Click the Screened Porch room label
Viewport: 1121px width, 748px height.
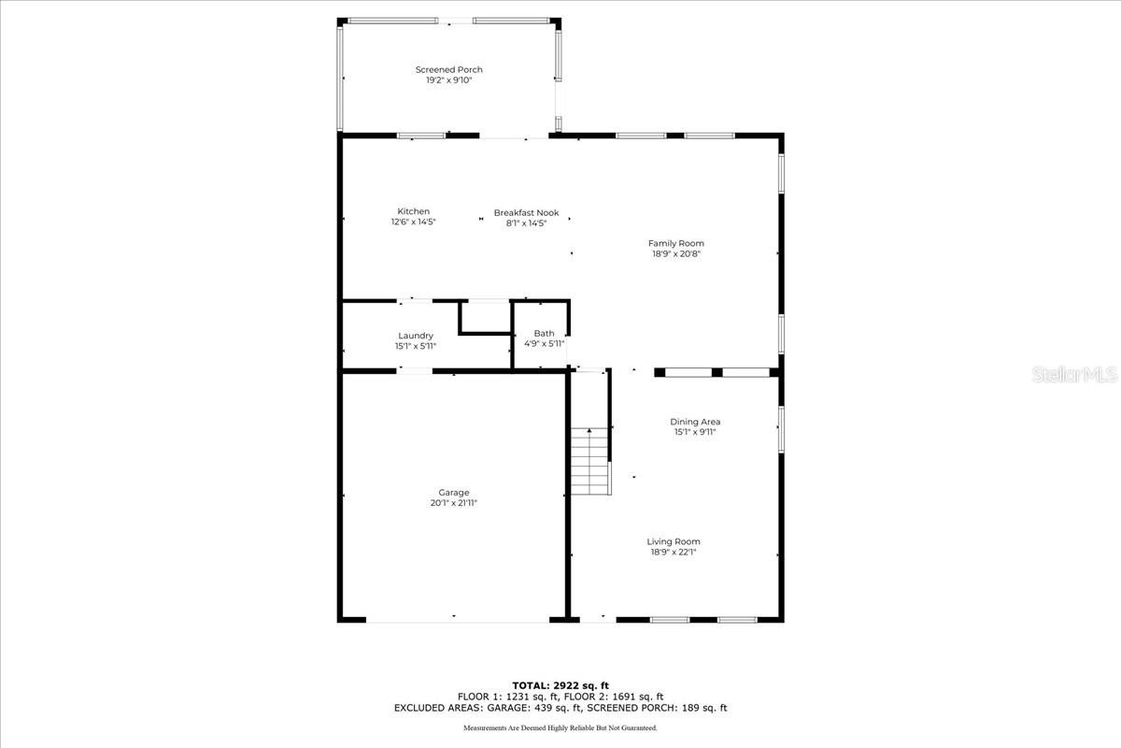pyautogui.click(x=448, y=70)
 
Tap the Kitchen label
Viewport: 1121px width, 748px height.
pyautogui.click(x=413, y=211)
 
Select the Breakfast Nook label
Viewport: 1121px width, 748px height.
pyautogui.click(x=526, y=212)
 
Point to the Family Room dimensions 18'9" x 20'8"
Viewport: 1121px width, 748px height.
pyautogui.click(x=676, y=253)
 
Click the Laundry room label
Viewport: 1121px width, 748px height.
pyautogui.click(x=415, y=336)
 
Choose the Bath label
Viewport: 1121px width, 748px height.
pyautogui.click(x=544, y=333)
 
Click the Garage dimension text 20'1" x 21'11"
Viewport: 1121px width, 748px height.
pyautogui.click(x=454, y=503)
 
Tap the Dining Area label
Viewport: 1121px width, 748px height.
pyautogui.click(x=695, y=422)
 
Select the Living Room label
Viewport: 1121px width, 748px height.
pyautogui.click(x=674, y=541)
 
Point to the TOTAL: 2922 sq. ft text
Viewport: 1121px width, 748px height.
pyautogui.click(x=560, y=685)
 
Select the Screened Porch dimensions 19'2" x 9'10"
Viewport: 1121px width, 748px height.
pyautogui.click(x=448, y=80)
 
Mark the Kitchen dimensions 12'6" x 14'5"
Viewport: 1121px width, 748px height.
pyautogui.click(x=413, y=223)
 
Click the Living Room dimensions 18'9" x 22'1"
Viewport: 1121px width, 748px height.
pyautogui.click(x=674, y=553)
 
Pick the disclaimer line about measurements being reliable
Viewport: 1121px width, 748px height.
pyautogui.click(x=560, y=727)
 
